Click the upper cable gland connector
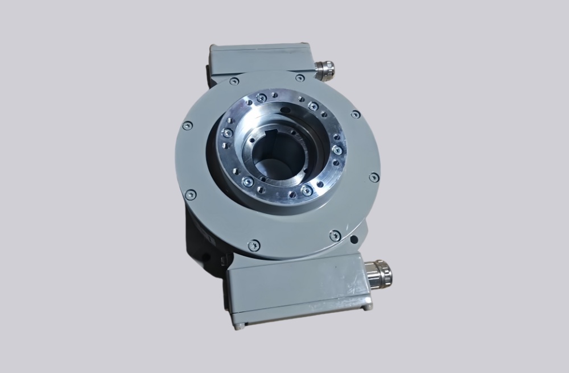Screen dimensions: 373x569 click(325, 71)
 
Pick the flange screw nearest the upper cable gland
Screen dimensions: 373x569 click(300, 78)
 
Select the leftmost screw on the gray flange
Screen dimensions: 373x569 click(187, 126)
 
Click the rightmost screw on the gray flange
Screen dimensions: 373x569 click(374, 177)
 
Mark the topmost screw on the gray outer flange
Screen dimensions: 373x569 click(300, 78)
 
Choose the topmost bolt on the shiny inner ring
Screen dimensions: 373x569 click(261, 98)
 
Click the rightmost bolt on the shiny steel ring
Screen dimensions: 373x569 click(337, 150)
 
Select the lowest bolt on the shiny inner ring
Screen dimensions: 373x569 click(307, 190)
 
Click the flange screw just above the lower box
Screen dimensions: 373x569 click(335, 235)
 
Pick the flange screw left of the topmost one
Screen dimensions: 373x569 click(234, 81)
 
